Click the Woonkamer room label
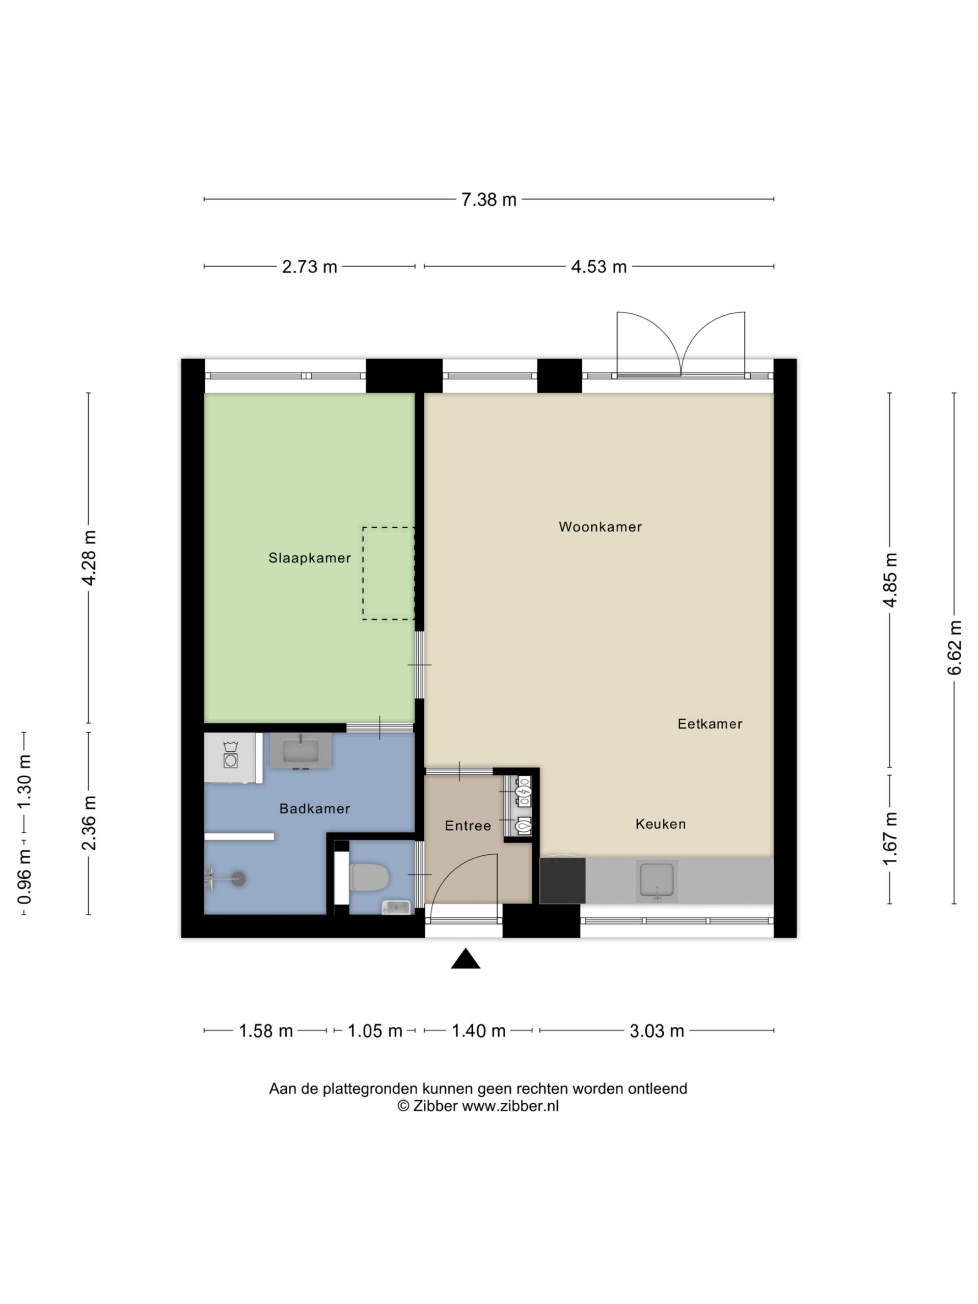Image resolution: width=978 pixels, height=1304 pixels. [600, 526]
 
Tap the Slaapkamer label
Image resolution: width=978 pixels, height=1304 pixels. [310, 558]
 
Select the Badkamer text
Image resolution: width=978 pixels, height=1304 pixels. [315, 808]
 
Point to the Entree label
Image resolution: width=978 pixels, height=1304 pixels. [468, 825]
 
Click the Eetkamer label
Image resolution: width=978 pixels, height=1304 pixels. [710, 723]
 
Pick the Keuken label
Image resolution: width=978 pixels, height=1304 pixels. [660, 824]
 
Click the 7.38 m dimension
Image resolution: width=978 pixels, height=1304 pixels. [488, 200]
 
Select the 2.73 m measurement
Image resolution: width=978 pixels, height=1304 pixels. [310, 267]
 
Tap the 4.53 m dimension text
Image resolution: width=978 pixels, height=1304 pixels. [599, 267]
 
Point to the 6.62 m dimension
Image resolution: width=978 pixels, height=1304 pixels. [955, 647]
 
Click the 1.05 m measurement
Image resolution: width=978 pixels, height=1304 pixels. [374, 1030]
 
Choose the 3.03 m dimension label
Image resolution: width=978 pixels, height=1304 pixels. [657, 1030]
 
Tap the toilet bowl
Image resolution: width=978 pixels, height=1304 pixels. [369, 877]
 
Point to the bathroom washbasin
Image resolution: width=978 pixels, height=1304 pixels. [301, 750]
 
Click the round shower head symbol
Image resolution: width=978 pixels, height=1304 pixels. [238, 878]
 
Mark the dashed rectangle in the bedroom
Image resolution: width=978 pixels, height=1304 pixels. [388, 573]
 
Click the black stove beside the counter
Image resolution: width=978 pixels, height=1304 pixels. [562, 881]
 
